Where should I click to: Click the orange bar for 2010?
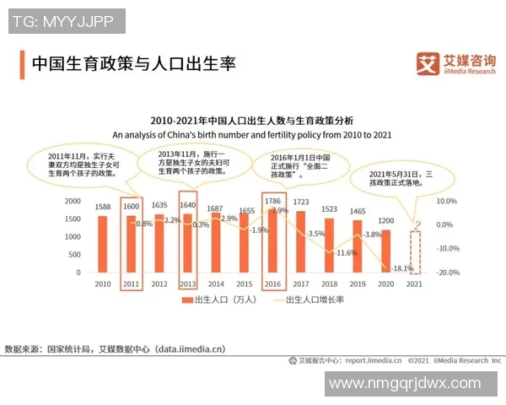coord(103,245)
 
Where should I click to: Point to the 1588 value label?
coord(103,207)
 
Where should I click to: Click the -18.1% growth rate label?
coord(402,268)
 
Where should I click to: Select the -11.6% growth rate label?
coord(346,252)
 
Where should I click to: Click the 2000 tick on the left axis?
coord(73,201)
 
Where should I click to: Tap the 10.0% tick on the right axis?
coord(446,201)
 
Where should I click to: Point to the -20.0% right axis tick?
coord(446,273)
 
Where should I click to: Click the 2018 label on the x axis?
coord(329,284)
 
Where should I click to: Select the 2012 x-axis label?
coord(159,284)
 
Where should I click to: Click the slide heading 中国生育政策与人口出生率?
coord(133,64)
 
